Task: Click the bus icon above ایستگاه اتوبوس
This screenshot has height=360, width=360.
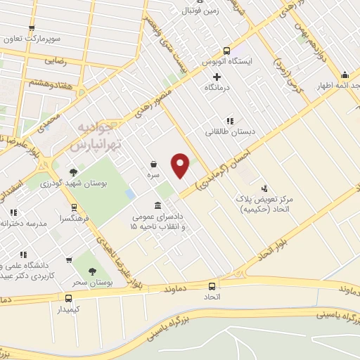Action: (226, 51)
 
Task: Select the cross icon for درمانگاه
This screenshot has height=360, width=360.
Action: (217, 77)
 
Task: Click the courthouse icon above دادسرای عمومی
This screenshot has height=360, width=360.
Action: (156, 206)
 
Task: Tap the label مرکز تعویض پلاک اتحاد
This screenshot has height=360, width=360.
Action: (264, 204)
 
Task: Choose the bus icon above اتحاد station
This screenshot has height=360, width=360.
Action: (212, 286)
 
